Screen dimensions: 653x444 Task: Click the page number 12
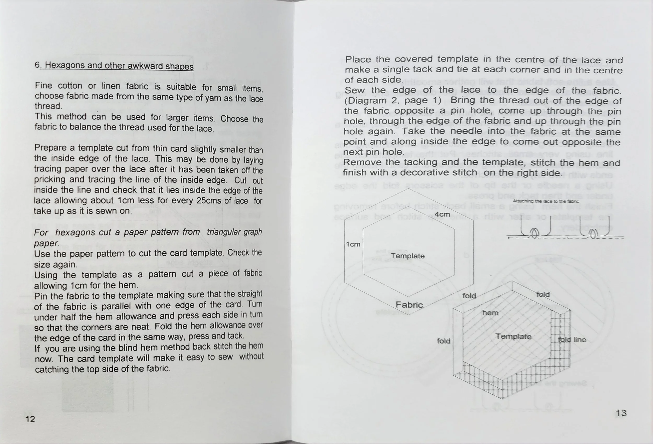(30, 419)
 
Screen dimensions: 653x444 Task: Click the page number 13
(621, 413)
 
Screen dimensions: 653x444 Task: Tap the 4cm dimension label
(442, 214)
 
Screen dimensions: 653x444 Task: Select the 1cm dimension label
(353, 244)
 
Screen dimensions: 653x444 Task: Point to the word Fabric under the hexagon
(409, 305)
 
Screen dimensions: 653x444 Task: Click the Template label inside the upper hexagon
(408, 256)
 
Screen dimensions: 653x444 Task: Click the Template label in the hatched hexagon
(513, 336)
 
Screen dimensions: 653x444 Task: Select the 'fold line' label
(572, 340)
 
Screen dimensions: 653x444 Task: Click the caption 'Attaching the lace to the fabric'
(546, 201)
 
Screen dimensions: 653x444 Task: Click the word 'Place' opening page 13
(358, 60)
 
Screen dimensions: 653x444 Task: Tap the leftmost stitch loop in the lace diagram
(534, 233)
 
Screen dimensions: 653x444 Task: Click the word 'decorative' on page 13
(438, 173)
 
